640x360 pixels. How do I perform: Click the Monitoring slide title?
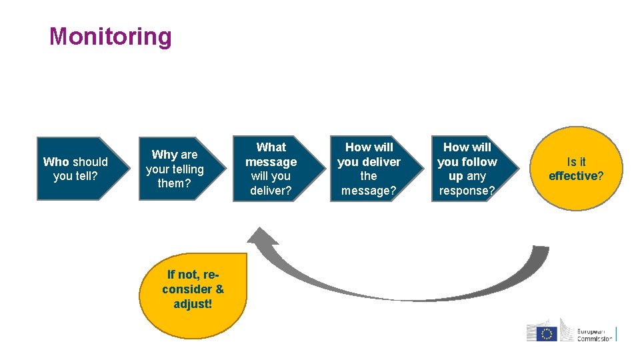coord(111,37)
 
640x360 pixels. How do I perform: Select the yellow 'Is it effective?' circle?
coord(576,169)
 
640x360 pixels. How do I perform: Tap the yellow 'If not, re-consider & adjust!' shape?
coord(193,289)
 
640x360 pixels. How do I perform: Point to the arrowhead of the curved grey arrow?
coord(261,237)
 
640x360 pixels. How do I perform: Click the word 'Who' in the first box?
coord(56,162)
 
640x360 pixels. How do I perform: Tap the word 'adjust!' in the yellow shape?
coord(193,304)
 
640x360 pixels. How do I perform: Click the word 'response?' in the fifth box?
coord(467,191)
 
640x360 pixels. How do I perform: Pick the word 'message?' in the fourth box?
coord(369,191)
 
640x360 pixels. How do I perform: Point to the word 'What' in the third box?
coord(271,147)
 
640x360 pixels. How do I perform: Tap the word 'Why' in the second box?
coord(164,155)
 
